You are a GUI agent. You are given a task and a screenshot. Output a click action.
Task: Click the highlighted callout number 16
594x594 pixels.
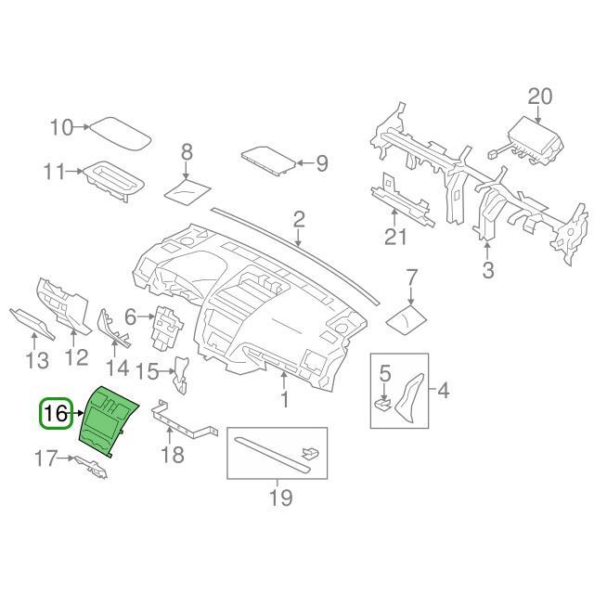(56, 413)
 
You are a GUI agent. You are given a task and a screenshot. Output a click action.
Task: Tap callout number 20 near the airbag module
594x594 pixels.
(540, 96)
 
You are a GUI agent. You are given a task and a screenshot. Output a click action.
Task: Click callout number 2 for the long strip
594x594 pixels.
(299, 220)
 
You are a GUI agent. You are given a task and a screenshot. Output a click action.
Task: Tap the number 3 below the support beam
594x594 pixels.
(488, 270)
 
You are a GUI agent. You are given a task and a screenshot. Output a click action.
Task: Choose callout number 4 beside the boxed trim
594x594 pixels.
(443, 390)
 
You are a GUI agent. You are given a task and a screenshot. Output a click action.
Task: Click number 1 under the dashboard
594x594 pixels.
(284, 400)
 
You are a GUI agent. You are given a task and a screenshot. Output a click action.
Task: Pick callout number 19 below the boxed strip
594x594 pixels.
(279, 497)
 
